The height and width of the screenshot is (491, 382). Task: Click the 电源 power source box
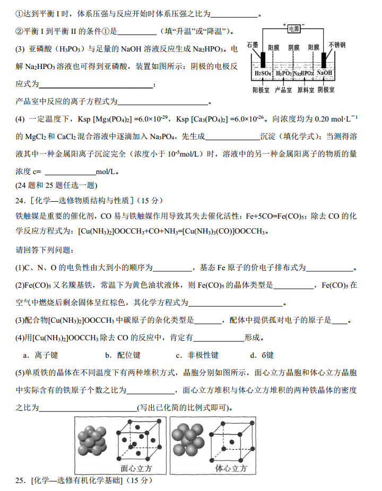(293, 29)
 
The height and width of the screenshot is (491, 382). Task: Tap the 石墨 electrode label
(253, 46)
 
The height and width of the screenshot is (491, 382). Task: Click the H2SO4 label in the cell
(263, 73)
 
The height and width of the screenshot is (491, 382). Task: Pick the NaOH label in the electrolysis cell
(325, 73)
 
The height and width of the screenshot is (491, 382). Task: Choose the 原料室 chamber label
(306, 90)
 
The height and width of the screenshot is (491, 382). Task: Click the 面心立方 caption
(136, 468)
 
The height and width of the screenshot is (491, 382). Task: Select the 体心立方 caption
(231, 468)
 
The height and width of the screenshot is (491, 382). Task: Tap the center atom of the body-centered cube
(231, 441)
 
